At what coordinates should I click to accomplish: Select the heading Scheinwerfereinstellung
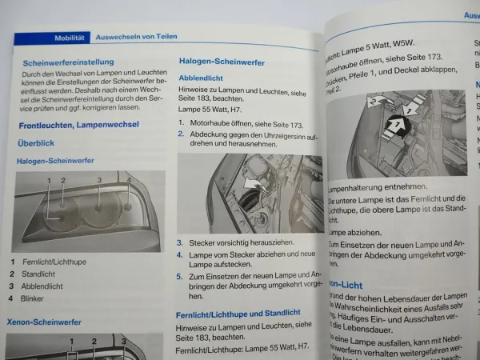[68, 62]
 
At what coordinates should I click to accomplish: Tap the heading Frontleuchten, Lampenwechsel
[78, 124]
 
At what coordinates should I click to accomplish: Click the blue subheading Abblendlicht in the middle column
[200, 78]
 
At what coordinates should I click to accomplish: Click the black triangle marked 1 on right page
[396, 124]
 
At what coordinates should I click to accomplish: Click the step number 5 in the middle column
[180, 275]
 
